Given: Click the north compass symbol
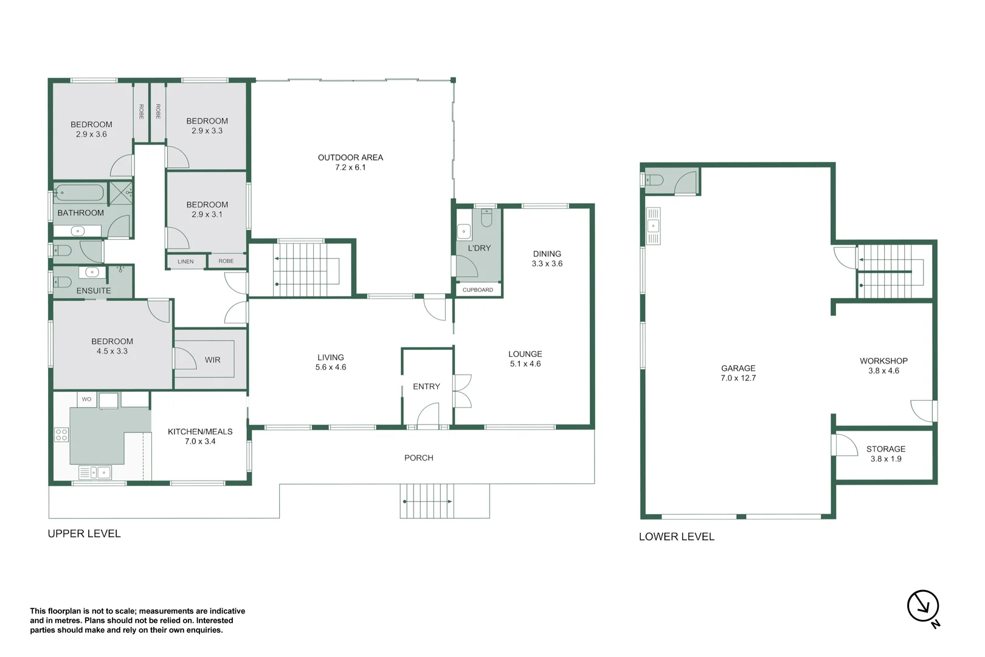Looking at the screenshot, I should click(923, 607).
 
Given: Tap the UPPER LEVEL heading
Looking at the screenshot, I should click(84, 534).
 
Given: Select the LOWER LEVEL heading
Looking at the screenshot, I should click(676, 537).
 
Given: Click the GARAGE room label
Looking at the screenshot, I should click(738, 369).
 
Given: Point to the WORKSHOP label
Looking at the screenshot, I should click(883, 361).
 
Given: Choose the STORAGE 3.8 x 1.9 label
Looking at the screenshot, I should click(886, 454).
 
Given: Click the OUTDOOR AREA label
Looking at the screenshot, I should click(350, 158).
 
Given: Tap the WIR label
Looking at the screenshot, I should click(212, 360).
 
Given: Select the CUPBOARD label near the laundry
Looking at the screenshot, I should click(478, 290).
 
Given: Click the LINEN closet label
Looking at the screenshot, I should click(185, 262).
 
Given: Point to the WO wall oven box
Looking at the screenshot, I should click(86, 400).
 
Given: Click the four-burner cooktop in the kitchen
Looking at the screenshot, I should click(61, 434).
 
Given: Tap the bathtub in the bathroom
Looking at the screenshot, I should click(79, 193).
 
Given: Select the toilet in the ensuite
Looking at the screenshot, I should click(63, 282).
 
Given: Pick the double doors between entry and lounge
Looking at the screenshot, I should click(462, 391).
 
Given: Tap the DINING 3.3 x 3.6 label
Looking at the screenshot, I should click(547, 259).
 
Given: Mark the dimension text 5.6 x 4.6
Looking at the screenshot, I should click(331, 367).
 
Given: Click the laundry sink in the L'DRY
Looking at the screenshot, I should click(464, 232).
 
